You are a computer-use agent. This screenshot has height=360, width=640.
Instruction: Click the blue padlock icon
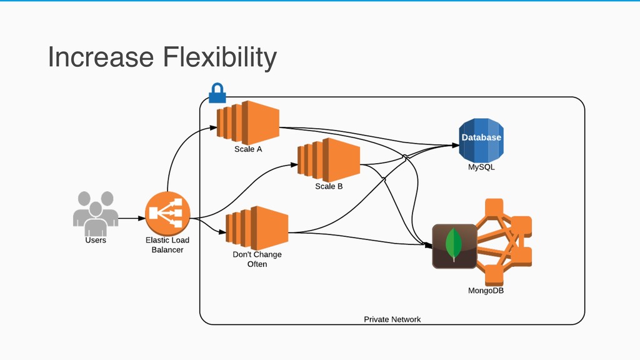[217, 93]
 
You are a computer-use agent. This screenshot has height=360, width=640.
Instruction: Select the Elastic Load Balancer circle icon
[167, 214]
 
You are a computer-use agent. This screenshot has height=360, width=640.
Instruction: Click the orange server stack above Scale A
[247, 122]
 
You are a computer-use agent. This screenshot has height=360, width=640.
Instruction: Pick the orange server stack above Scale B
[329, 160]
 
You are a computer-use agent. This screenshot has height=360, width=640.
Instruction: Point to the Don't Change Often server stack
[257, 227]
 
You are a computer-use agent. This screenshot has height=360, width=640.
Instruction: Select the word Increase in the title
[101, 57]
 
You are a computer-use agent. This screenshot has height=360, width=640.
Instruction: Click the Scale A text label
[248, 149]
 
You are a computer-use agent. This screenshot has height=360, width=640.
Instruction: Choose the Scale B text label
[329, 186]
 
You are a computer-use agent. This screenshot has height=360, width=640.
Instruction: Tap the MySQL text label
[481, 167]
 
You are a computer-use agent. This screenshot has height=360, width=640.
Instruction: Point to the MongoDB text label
[486, 291]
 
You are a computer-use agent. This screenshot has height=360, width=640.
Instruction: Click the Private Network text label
[392, 319]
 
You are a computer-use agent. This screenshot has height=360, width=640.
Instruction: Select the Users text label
[96, 240]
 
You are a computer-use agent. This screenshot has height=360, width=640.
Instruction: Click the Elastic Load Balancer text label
[167, 245]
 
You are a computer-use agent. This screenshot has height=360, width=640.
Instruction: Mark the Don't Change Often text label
[257, 259]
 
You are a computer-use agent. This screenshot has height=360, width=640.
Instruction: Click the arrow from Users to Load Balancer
[132, 218]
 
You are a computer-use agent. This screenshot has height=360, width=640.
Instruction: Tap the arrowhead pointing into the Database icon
[456, 145]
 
